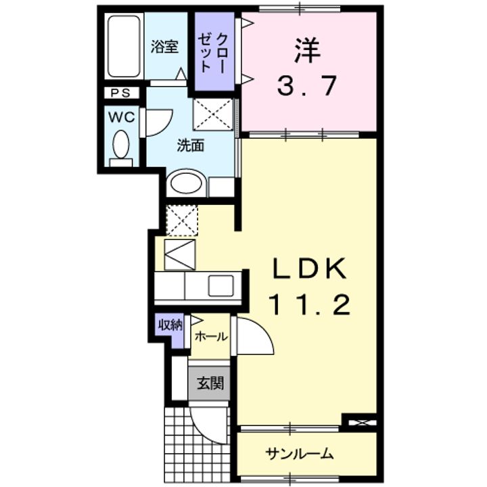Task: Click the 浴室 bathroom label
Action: pos(164,47)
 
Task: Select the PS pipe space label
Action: pos(121,93)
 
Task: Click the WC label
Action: pos(123,116)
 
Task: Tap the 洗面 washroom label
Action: pos(191,145)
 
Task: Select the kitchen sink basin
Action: pos(221,286)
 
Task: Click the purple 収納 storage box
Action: pos(170,325)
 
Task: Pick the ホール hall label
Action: pos(210,336)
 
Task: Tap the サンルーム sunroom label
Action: pos(300,453)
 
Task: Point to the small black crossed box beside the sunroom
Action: pos(359,423)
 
